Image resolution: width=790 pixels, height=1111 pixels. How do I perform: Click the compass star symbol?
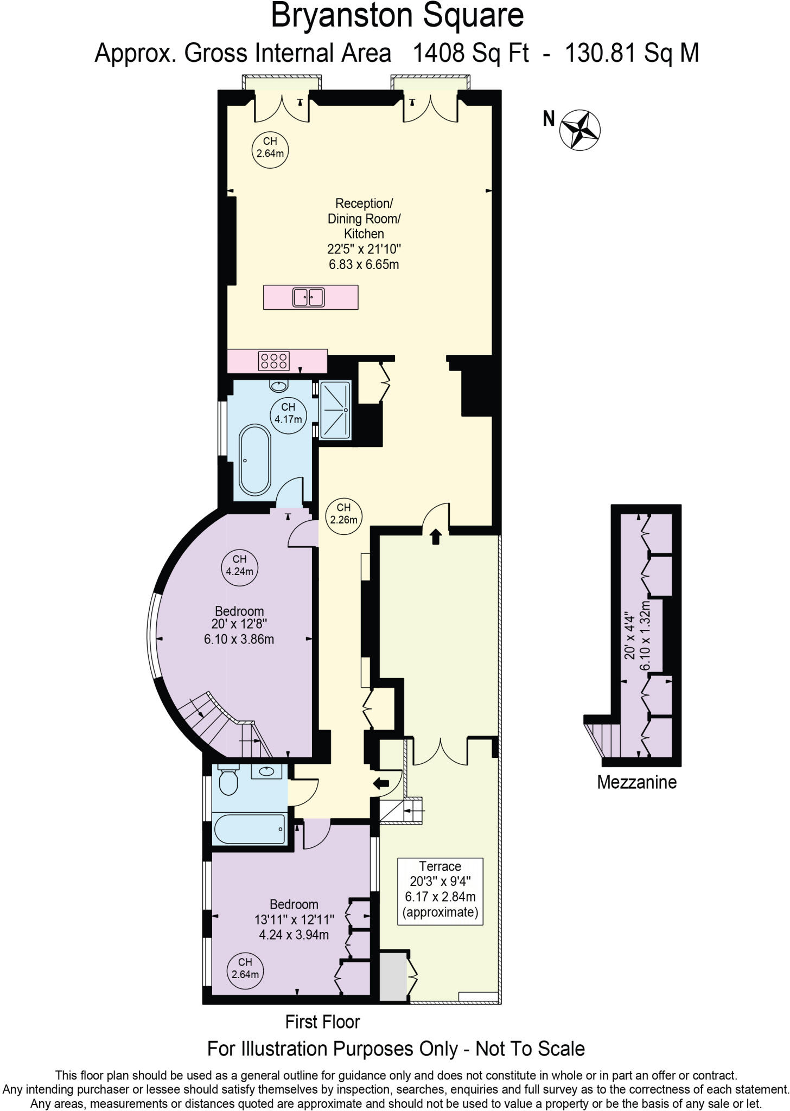click(x=581, y=129)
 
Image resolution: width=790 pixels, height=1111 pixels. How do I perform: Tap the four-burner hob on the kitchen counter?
click(x=274, y=361)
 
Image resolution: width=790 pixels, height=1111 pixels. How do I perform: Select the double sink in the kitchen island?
click(x=308, y=297)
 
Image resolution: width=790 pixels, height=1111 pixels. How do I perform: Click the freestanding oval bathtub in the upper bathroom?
click(x=254, y=460)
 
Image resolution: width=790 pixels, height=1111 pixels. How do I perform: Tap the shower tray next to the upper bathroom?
click(x=335, y=410)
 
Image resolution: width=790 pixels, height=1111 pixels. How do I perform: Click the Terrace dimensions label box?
click(x=440, y=889)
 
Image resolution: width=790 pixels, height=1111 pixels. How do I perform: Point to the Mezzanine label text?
click(x=636, y=782)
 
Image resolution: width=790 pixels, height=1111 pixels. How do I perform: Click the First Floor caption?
click(x=322, y=1022)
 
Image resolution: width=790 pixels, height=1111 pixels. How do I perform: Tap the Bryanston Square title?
click(x=397, y=16)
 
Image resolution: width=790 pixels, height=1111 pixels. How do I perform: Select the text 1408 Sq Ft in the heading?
click(x=470, y=54)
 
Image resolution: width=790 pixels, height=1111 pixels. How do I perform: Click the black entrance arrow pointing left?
click(x=382, y=783)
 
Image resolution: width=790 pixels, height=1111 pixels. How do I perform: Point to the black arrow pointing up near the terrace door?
click(x=436, y=537)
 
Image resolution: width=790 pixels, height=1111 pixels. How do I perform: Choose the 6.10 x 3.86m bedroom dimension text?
click(x=239, y=640)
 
